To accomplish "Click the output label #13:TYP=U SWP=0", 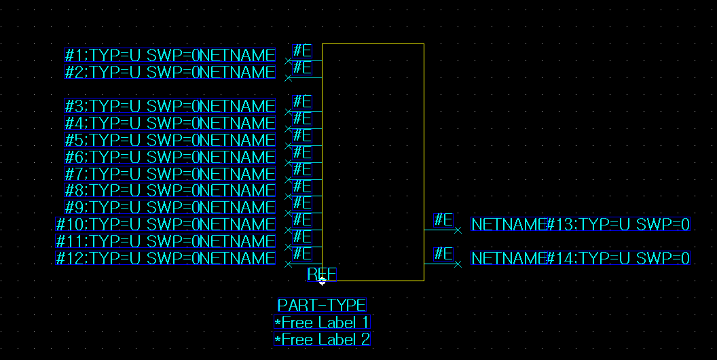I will (619, 224).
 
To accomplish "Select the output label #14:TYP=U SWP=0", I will (619, 258).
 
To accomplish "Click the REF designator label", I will (321, 274).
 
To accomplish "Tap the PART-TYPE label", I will (322, 305).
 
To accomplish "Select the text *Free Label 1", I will (322, 323).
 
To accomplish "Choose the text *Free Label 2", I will (322, 340).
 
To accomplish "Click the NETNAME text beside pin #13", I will (509, 224).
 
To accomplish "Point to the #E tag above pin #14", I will (443, 253).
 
